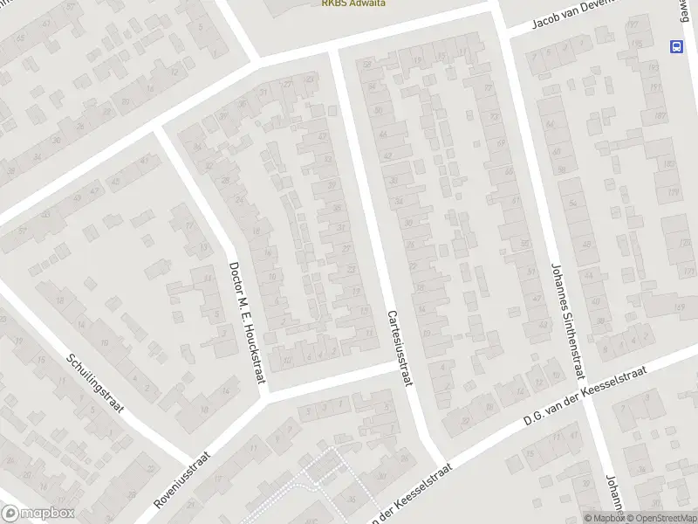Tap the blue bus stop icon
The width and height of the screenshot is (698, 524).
point(676,46)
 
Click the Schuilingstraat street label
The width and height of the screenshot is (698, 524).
point(96,384)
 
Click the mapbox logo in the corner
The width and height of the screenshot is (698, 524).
point(38,514)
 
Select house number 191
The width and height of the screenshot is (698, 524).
point(652,87)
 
